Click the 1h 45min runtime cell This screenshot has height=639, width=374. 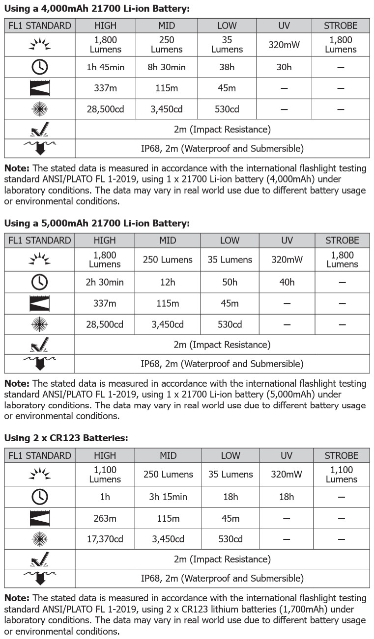click(104, 67)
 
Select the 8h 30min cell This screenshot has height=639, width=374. click(167, 67)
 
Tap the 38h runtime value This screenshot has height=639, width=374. click(227, 67)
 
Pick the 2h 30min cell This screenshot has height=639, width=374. click(105, 282)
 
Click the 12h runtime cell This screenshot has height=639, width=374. click(168, 282)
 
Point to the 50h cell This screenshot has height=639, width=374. click(230, 282)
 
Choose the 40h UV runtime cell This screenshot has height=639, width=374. click(287, 282)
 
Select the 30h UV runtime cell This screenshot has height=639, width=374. click(284, 67)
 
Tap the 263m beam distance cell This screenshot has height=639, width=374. click(105, 518)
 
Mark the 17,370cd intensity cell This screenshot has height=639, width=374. click(105, 539)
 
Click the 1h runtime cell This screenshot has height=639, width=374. click(105, 497)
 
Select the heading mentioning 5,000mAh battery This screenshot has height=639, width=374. click(97, 223)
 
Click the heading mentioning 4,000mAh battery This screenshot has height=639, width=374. click(97, 9)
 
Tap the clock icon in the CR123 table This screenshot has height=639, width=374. click(39, 497)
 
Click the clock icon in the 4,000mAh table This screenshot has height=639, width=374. click(39, 67)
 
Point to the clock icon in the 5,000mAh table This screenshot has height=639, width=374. click(39, 282)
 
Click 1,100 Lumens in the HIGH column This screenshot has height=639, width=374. click(105, 475)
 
